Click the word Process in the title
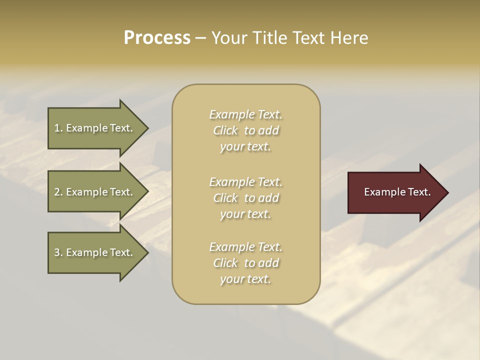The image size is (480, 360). point(157,38)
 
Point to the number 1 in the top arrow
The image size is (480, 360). point(57,128)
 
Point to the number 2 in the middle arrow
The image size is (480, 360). point(57,192)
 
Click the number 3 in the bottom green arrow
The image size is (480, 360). point(57,252)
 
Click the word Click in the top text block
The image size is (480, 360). point(225,130)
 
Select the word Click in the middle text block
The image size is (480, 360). point(225,198)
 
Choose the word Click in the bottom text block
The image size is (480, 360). point(225,263)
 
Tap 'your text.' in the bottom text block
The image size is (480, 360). point(245,279)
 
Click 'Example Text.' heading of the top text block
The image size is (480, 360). point(245,114)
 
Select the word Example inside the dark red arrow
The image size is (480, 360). point(381,192)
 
